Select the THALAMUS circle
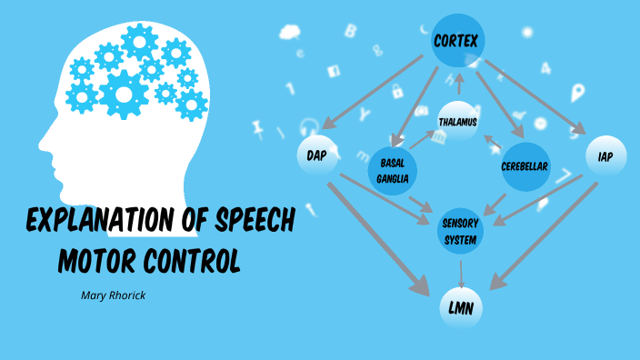click(458, 121)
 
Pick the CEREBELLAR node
click(525, 168)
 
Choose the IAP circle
click(605, 156)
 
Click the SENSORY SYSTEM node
click(460, 230)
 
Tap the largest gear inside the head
click(123, 93)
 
